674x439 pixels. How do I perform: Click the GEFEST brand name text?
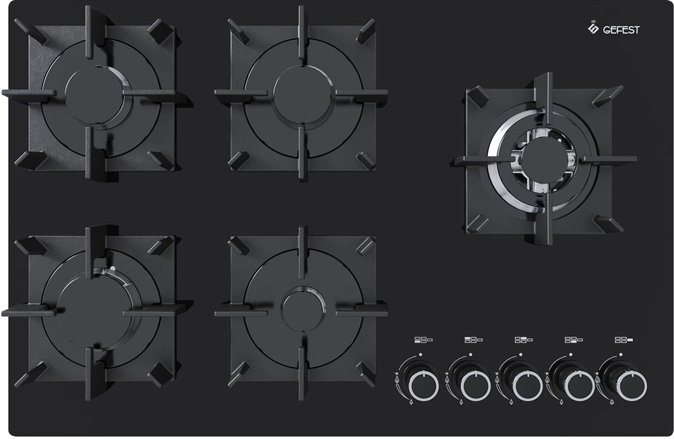point(621,30)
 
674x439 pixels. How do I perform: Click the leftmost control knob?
point(423,385)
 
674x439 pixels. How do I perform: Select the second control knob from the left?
point(475,385)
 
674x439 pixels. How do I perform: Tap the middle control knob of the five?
point(526,385)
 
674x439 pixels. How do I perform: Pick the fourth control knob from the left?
point(578,385)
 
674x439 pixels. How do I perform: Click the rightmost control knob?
point(631,385)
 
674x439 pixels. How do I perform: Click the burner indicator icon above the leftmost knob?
point(423,340)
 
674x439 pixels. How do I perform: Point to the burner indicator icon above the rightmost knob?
point(623,340)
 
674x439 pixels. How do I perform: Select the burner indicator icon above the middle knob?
point(524,340)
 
